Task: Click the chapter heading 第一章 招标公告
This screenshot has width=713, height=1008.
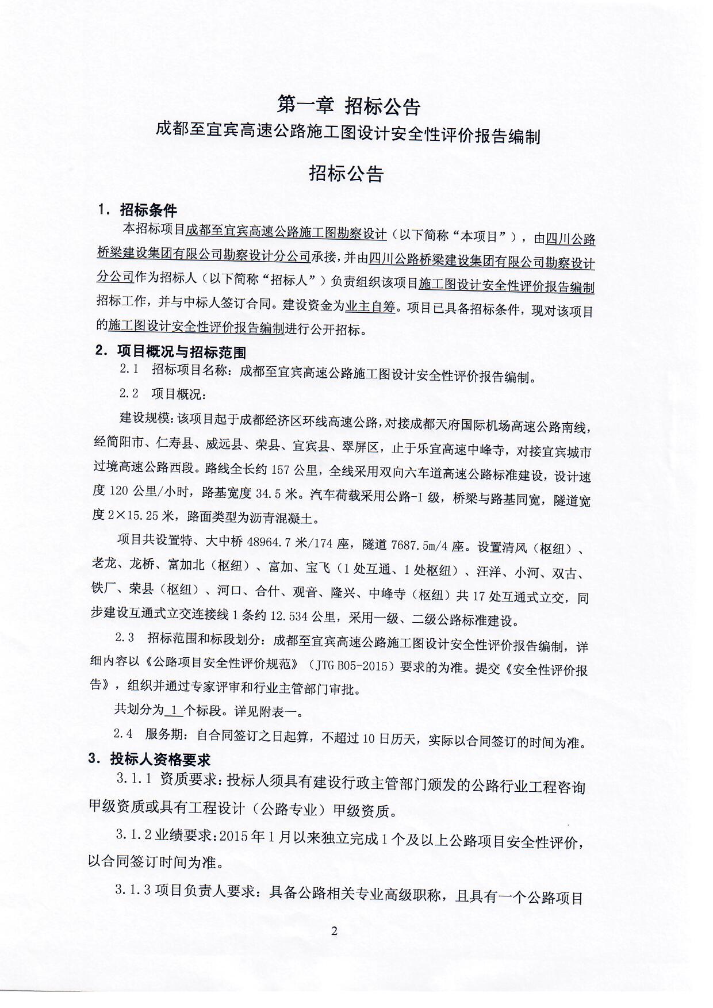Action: pyautogui.click(x=349, y=105)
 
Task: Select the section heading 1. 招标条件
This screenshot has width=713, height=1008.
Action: pyautogui.click(x=137, y=210)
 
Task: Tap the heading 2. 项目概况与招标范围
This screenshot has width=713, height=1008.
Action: pyautogui.click(x=170, y=351)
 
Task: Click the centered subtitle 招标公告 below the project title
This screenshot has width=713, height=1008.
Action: pyautogui.click(x=346, y=173)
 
